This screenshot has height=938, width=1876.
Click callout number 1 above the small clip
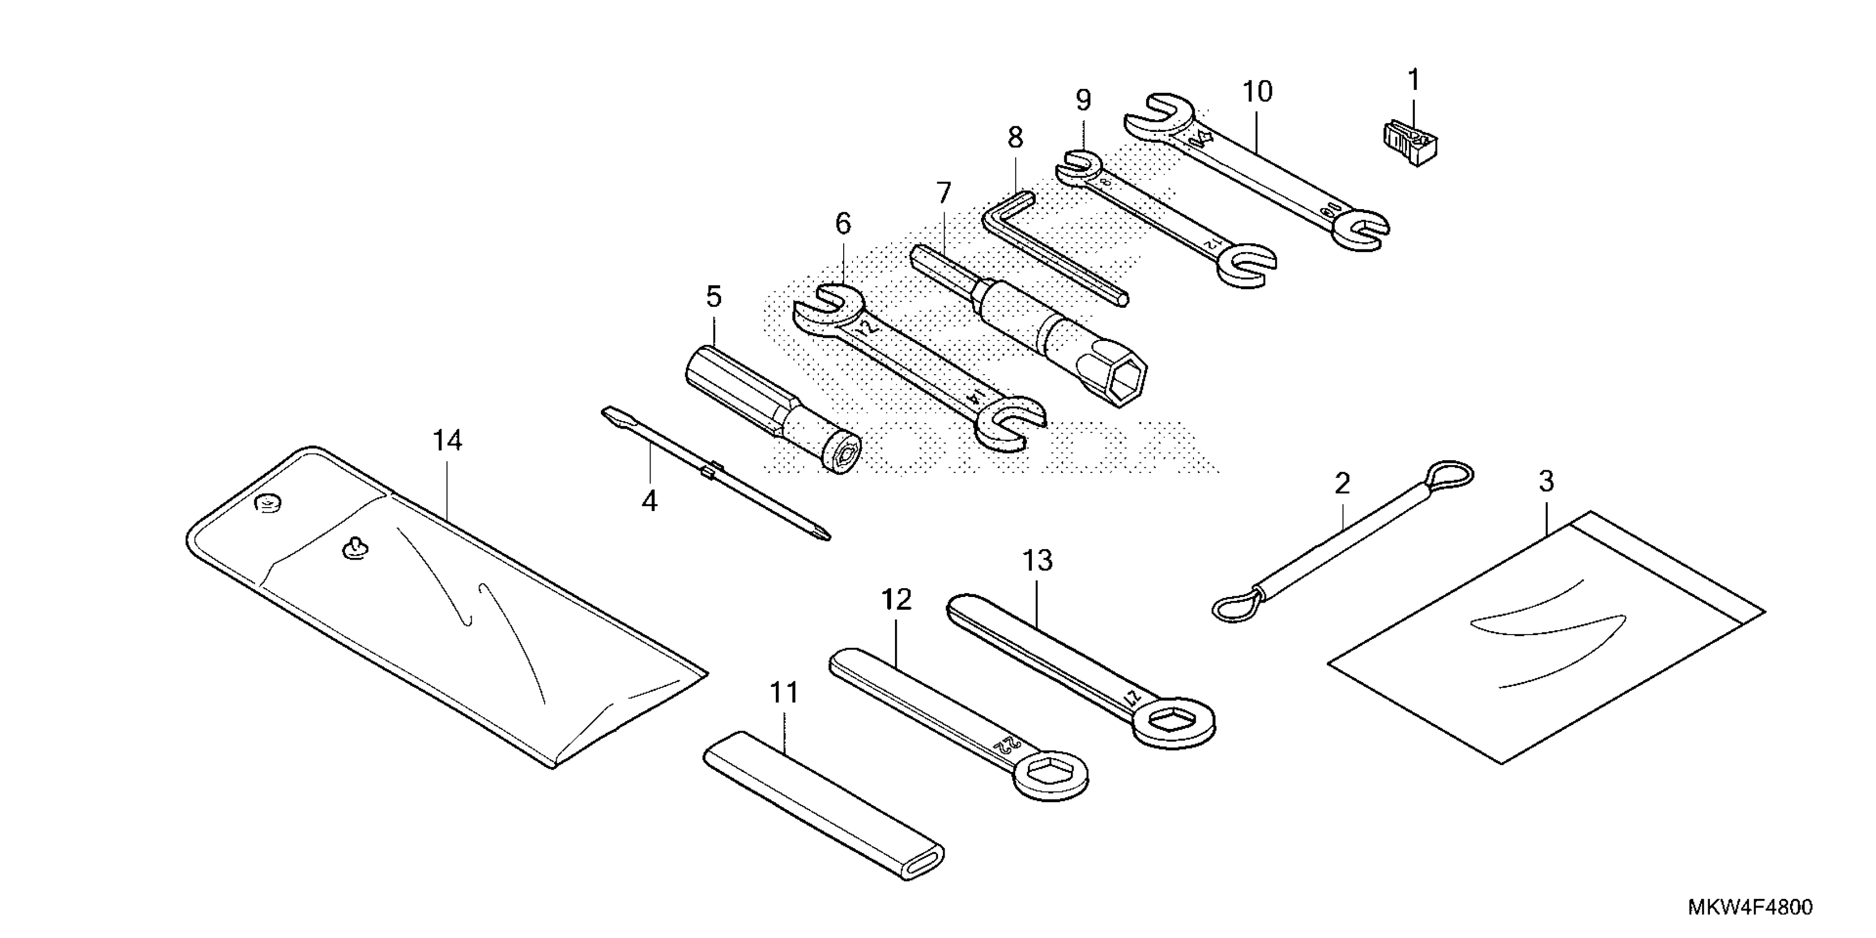pyautogui.click(x=1414, y=79)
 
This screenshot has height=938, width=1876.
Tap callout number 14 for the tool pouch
pyautogui.click(x=447, y=441)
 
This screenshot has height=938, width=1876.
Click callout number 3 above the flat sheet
pyautogui.click(x=1546, y=481)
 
